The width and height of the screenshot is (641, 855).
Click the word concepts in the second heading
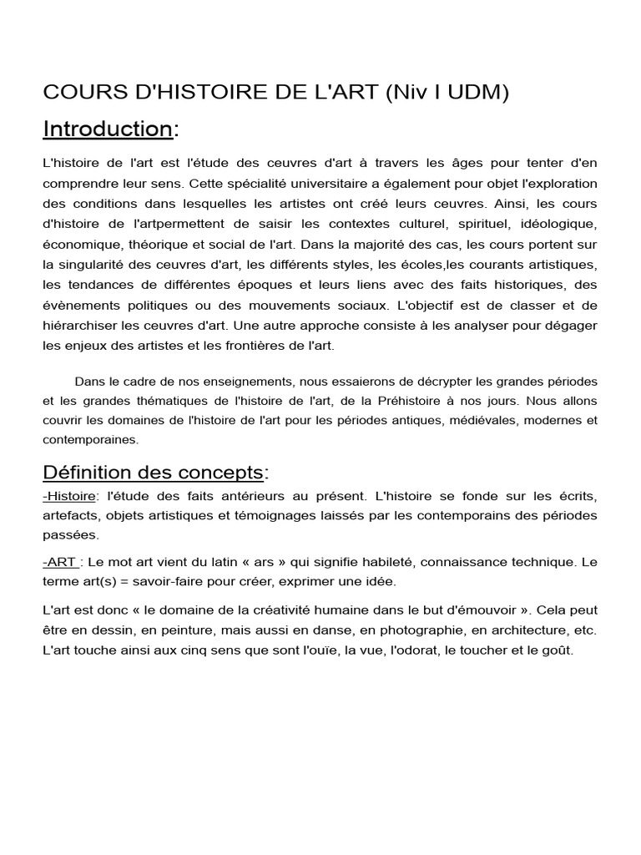tap(225, 473)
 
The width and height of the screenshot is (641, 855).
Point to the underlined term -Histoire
tap(69, 497)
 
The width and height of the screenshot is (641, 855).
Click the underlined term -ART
tap(60, 563)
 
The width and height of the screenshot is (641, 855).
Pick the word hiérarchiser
tap(81, 324)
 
